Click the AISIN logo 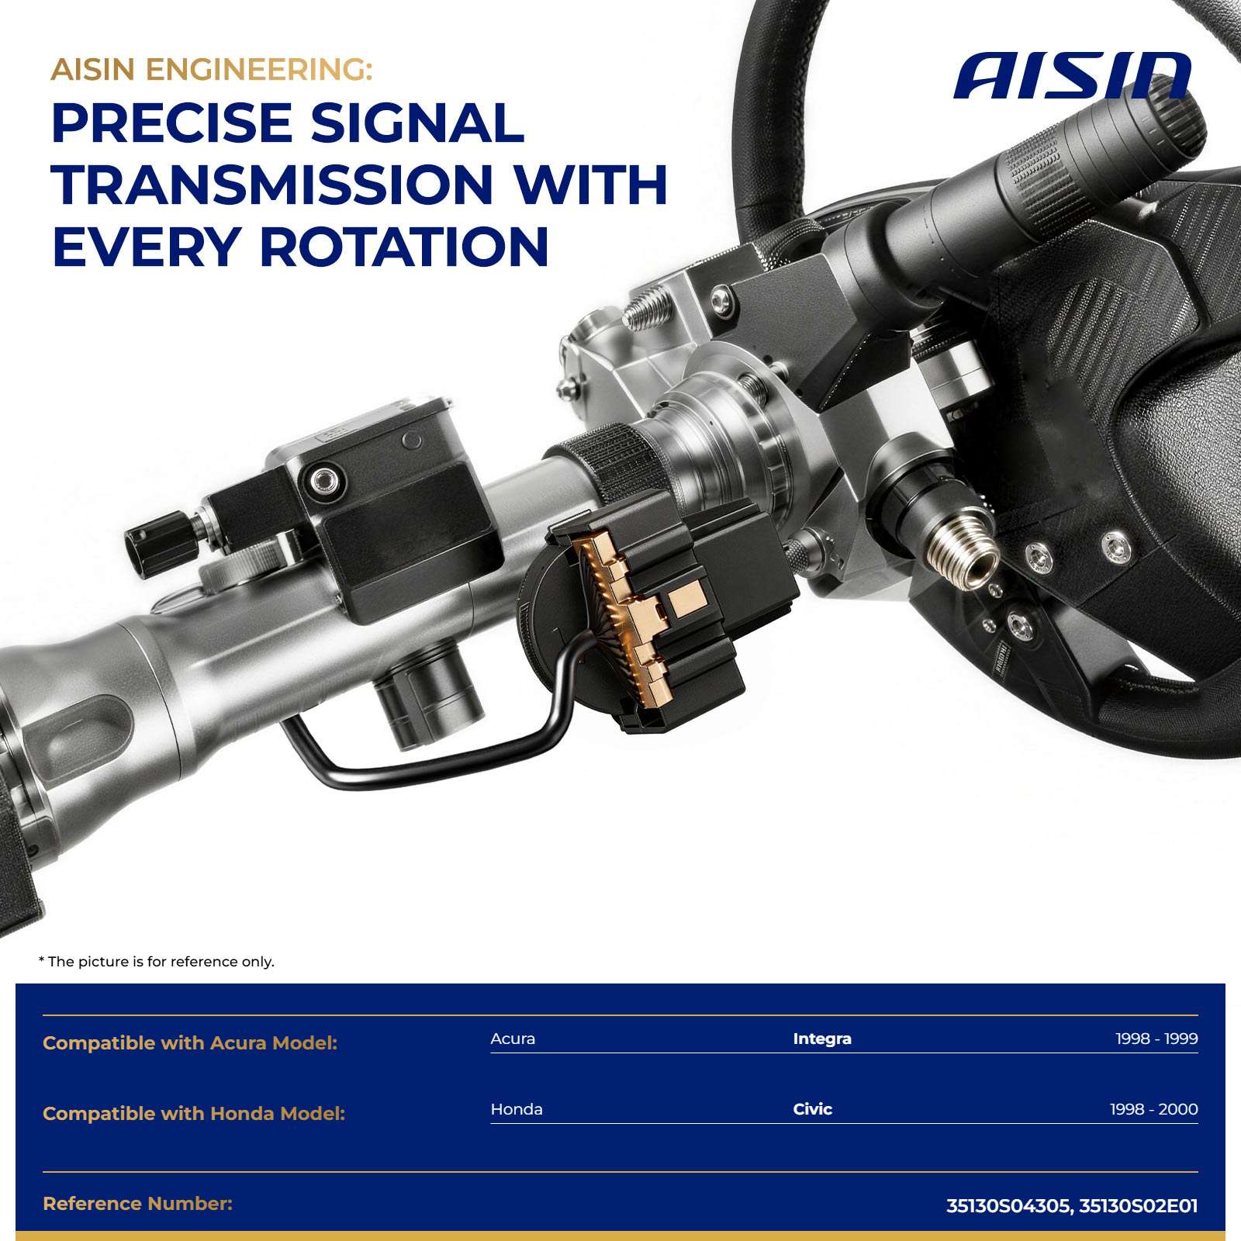pos(1072,76)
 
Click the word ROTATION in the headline pos(403,247)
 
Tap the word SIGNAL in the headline pos(417,123)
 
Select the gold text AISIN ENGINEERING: pos(212,70)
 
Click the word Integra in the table pos(822,1039)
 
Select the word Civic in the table pos(812,1109)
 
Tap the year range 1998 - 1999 pos(1156,1039)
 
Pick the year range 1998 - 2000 pos(1154,1109)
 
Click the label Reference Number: pos(138,1204)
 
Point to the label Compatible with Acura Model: pos(190,1043)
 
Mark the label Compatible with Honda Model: pos(194,1114)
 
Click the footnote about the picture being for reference pos(157,962)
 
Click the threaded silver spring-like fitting pos(963,549)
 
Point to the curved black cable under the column pos(434,737)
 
